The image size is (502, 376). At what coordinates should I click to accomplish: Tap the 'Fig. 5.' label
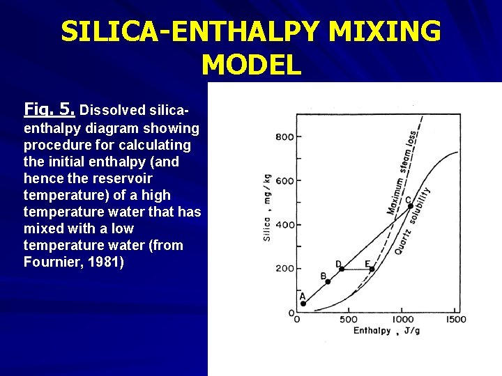click(50, 109)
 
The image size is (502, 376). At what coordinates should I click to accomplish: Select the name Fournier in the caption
click(56, 262)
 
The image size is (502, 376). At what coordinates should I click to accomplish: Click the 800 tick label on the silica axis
click(285, 136)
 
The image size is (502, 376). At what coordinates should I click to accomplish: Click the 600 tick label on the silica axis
click(285, 180)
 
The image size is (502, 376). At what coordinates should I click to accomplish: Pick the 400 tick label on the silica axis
click(285, 224)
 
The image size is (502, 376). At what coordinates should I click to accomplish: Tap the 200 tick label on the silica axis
click(285, 268)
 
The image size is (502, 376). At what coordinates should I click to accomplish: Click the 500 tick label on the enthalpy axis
click(348, 319)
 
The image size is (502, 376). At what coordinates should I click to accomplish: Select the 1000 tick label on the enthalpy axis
click(402, 319)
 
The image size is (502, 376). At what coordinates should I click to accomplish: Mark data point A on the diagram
click(303, 304)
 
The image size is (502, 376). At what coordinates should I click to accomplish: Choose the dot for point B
click(328, 282)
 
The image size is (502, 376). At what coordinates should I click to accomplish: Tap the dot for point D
click(341, 269)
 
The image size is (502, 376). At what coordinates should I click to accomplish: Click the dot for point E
click(372, 269)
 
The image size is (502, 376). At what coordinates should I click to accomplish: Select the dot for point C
click(410, 206)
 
